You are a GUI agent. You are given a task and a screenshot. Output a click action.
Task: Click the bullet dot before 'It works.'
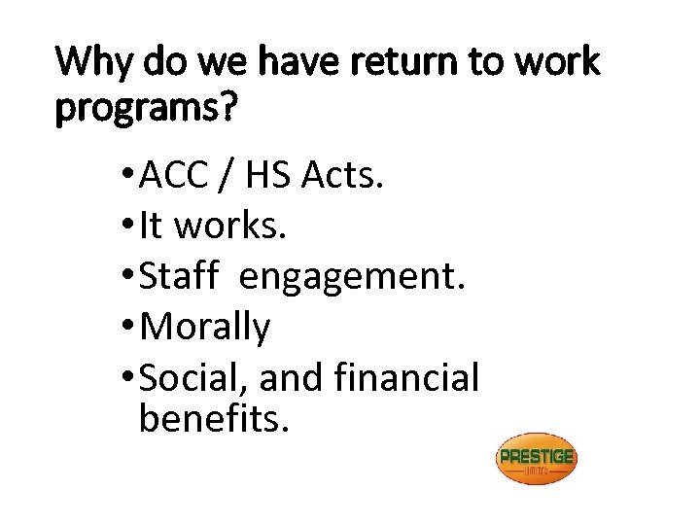(x=130, y=227)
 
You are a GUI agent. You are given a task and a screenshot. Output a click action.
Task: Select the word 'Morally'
(x=205, y=328)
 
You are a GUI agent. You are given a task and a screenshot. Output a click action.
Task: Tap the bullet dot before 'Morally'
(x=130, y=328)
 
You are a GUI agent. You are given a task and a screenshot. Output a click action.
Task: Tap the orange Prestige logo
(x=536, y=459)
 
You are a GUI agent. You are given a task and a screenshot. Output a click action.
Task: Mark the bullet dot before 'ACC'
(x=130, y=176)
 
